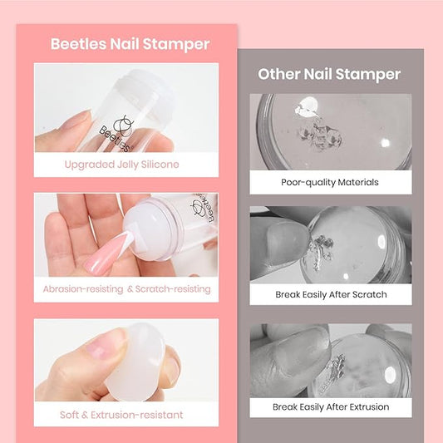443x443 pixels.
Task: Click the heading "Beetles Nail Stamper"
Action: (x=130, y=44)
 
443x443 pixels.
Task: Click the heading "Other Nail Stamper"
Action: (x=329, y=74)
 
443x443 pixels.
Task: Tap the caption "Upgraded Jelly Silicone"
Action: (x=122, y=165)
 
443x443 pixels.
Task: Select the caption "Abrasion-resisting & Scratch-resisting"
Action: (x=127, y=289)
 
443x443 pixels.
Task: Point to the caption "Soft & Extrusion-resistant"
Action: (x=121, y=415)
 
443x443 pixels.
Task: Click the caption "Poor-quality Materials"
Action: (x=330, y=182)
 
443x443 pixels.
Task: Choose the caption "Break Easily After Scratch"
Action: (x=331, y=294)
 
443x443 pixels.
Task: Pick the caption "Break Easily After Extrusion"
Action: (x=331, y=406)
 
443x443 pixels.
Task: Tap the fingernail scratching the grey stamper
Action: (x=288, y=243)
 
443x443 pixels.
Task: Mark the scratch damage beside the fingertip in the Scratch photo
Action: (x=321, y=253)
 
